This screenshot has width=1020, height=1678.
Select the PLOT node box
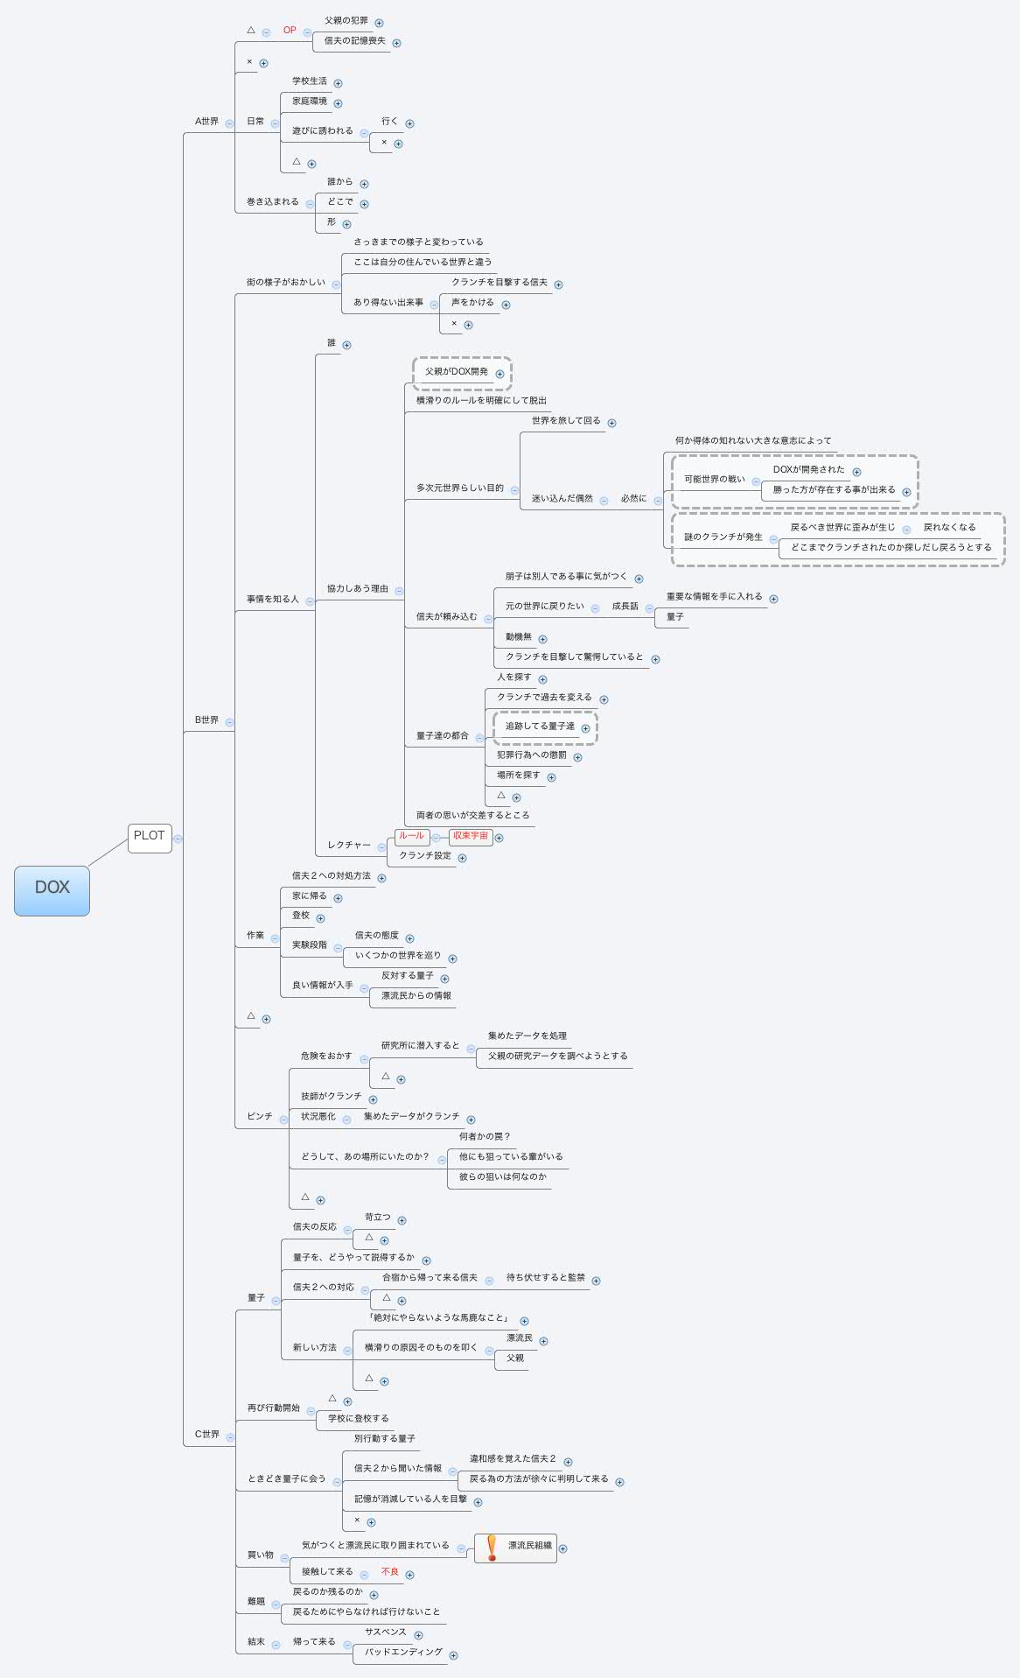[149, 837]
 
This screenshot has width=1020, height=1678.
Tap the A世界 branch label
[206, 122]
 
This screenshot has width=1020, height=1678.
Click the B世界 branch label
[206, 720]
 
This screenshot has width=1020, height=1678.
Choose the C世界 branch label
[206, 1435]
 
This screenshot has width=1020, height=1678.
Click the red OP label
[290, 31]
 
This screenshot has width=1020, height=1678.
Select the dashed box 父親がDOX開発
[457, 372]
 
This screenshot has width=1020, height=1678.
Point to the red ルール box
[411, 836]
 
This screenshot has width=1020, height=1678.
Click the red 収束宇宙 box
[470, 836]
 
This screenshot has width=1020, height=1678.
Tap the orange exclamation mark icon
[492, 1548]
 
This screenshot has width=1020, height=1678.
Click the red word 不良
[390, 1572]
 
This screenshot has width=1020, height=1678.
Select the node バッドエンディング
[403, 1653]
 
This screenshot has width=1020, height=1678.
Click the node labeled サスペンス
[386, 1632]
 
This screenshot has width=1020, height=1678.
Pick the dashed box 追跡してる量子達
[540, 727]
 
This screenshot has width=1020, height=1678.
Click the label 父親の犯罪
[346, 21]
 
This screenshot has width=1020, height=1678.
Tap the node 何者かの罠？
[485, 1137]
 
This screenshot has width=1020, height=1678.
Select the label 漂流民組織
[530, 1546]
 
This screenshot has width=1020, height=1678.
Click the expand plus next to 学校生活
[338, 83]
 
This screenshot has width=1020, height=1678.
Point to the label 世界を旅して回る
[566, 421]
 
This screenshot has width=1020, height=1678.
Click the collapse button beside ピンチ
[283, 1118]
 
